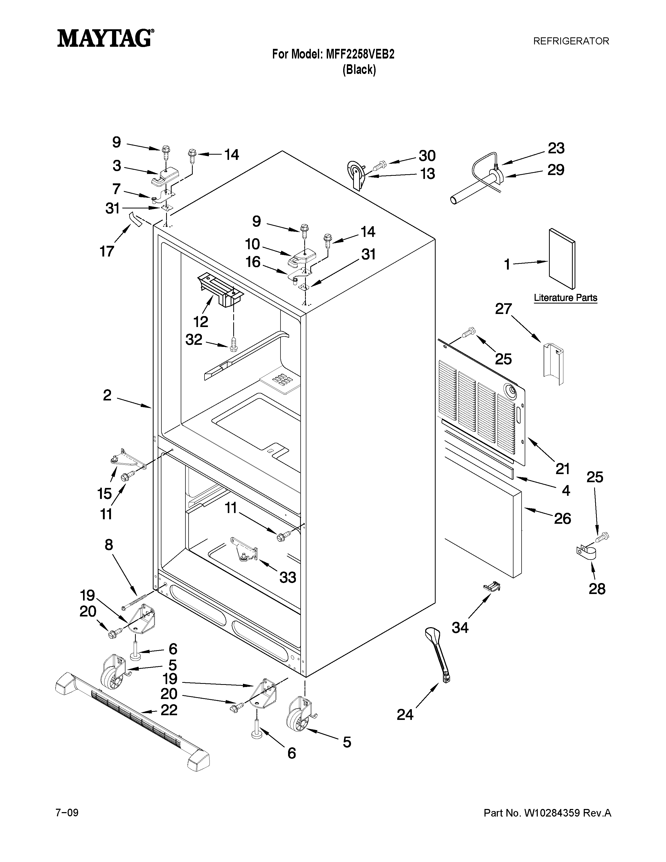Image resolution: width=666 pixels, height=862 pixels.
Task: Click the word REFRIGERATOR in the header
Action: [x=571, y=41]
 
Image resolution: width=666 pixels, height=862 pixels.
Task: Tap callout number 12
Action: [x=201, y=322]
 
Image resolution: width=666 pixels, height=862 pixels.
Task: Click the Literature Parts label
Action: [x=565, y=298]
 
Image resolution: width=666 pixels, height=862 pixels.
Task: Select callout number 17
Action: [x=107, y=251]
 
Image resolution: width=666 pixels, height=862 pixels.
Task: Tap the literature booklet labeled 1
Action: [x=562, y=259]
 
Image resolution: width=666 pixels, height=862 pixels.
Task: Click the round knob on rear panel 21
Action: [x=511, y=392]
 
